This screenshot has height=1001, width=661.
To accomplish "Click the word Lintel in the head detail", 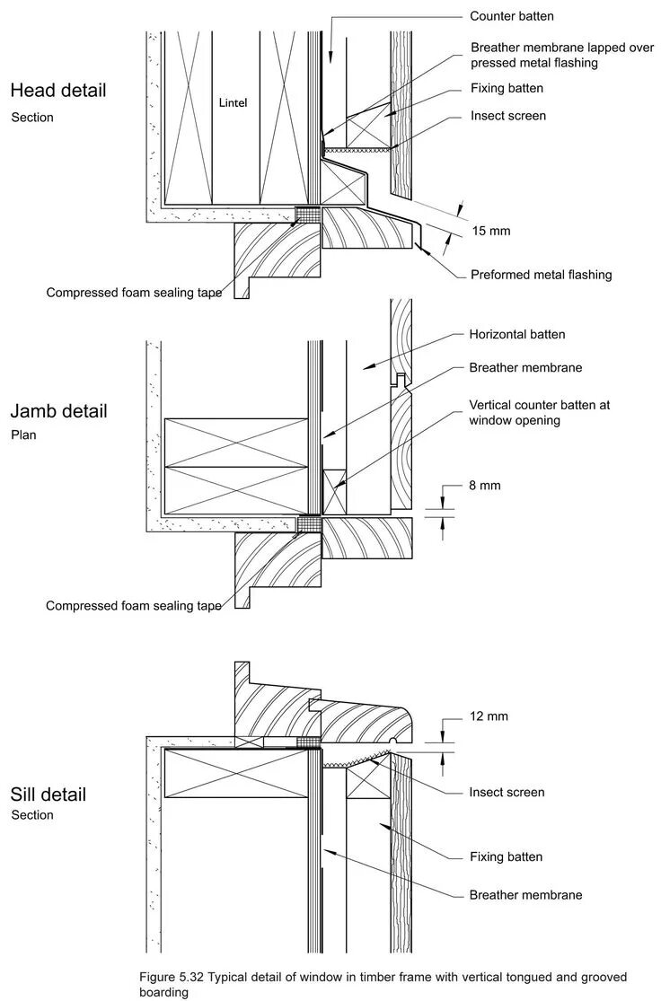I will click(233, 102).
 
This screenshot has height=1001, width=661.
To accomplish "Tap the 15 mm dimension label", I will click(490, 231).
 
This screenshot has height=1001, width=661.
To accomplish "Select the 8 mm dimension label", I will click(484, 486).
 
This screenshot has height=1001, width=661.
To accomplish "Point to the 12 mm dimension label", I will click(489, 716).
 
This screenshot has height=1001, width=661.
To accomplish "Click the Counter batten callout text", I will click(512, 17).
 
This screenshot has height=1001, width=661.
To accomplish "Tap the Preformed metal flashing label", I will click(541, 275).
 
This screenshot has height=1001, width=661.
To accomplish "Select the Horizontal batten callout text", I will click(517, 335).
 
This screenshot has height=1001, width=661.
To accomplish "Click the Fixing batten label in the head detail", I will click(507, 89).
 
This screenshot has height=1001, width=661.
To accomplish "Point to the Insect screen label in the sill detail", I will click(507, 792).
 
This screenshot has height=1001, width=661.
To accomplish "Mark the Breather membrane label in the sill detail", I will click(525, 895).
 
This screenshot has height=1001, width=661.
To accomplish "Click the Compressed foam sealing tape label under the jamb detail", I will click(134, 606).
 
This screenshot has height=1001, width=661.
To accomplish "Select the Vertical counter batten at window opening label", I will click(539, 412).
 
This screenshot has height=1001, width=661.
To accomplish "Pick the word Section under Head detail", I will click(32, 118).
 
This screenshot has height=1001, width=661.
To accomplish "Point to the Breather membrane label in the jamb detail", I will click(525, 368).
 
